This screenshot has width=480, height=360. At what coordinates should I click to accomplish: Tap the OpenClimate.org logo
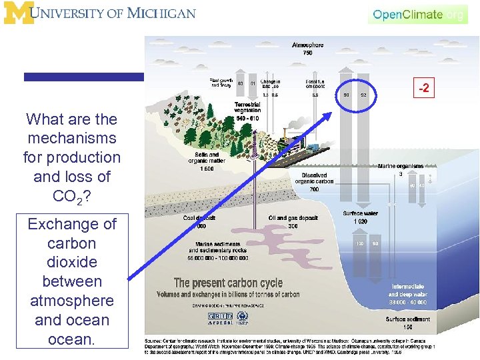(417, 14)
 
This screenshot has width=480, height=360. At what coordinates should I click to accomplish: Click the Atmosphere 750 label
(307, 49)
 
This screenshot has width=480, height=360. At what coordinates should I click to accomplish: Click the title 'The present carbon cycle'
(228, 283)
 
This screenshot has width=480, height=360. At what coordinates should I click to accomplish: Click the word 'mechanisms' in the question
(72, 139)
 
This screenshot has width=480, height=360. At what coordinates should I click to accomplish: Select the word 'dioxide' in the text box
(72, 262)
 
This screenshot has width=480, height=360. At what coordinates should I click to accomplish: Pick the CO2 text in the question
(69, 197)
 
